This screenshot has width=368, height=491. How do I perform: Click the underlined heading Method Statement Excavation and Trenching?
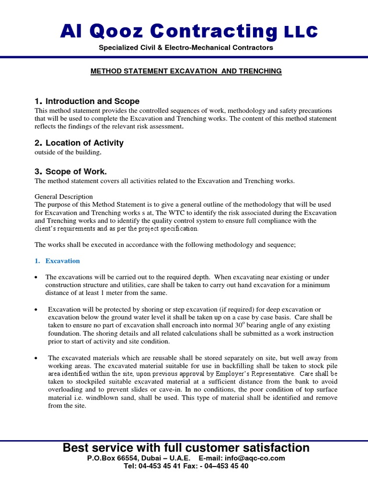pyautogui.click(x=186, y=71)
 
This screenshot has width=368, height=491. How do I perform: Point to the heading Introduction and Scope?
pyautogui.click(x=92, y=101)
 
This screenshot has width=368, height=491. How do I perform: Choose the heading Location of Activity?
pyautogui.click(x=84, y=143)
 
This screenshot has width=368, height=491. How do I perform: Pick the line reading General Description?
pyautogui.click(x=64, y=197)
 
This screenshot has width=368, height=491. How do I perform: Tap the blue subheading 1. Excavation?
pyautogui.click(x=62, y=261)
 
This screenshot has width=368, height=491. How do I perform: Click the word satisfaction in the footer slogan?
pyautogui.click(x=273, y=448)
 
